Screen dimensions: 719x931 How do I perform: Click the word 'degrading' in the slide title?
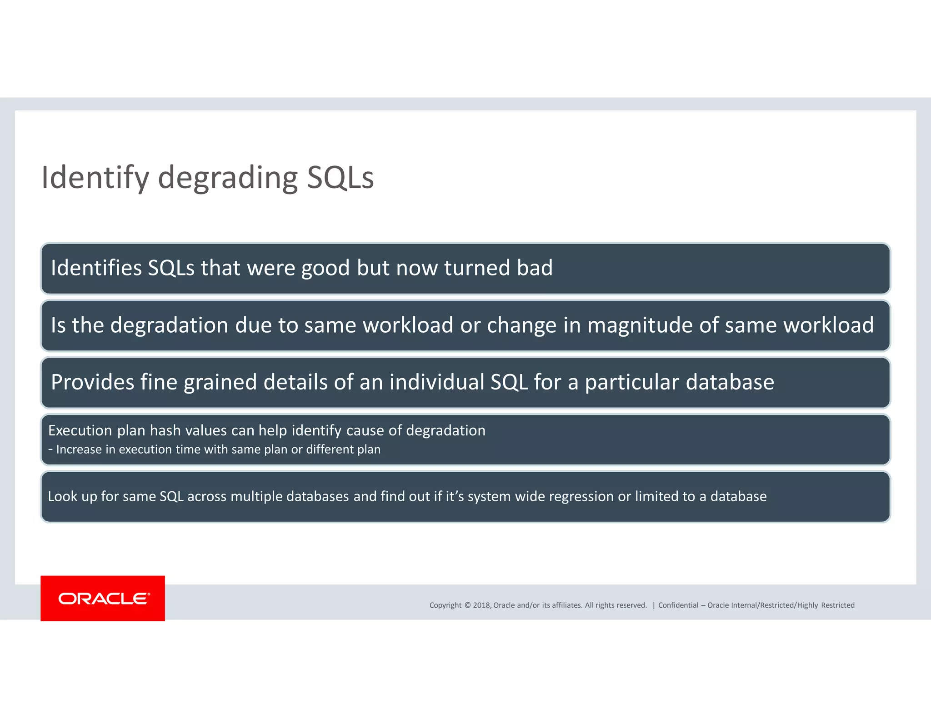pyautogui.click(x=227, y=178)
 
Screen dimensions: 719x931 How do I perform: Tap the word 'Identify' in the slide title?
pyautogui.click(x=95, y=178)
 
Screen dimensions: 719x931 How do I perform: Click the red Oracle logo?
pyautogui.click(x=103, y=598)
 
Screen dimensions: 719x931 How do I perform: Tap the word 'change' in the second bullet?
pyautogui.click(x=521, y=325)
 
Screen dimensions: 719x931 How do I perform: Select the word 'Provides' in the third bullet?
pyautogui.click(x=92, y=382)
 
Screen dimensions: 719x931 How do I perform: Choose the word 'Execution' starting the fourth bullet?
pyautogui.click(x=80, y=430)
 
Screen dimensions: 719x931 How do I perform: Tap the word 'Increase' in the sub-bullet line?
pyautogui.click(x=79, y=449)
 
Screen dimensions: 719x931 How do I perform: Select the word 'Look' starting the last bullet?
pyautogui.click(x=63, y=496)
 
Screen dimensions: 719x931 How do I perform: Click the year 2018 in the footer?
pyautogui.click(x=481, y=605)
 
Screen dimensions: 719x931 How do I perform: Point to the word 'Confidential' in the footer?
pyautogui.click(x=678, y=605)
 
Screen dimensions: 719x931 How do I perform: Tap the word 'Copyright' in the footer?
pyautogui.click(x=445, y=605)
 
